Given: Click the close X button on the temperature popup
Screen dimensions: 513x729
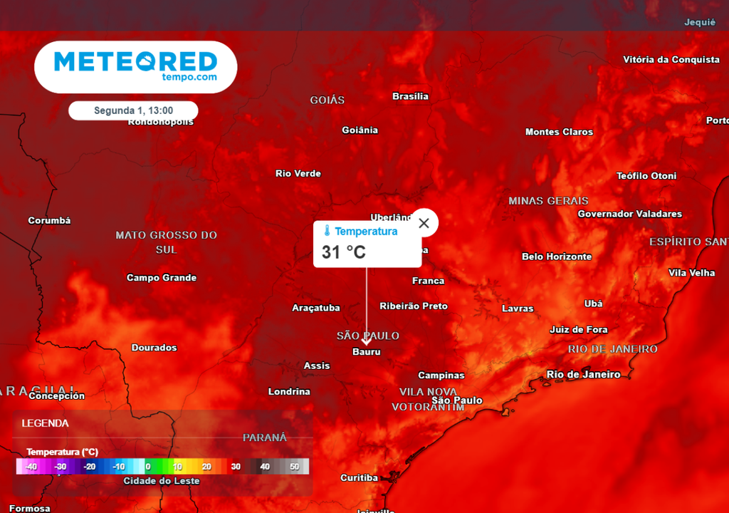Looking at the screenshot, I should coord(424,223).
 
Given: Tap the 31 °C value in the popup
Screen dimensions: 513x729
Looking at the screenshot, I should coord(344,252).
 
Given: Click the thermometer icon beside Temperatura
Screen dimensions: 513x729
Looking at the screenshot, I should coord(327,231).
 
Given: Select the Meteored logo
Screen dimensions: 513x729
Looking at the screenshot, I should coord(135,66).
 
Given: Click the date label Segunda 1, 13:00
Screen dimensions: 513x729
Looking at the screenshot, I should coord(133,110).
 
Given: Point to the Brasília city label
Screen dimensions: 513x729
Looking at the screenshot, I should coord(411,96).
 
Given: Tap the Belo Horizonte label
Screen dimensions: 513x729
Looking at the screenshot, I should coord(557,256).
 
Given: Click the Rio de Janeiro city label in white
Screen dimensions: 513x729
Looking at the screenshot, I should coord(583,374).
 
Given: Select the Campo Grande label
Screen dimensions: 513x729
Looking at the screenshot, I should coord(162,278).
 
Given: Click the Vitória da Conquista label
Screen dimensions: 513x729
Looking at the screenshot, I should coord(671,59).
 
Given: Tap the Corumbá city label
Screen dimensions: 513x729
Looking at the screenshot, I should coord(50,221).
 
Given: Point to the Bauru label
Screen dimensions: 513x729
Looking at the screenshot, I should coord(367,352).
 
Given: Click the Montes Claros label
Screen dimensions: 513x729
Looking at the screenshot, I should coord(559,132).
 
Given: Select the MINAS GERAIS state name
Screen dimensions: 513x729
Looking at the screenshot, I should coord(548,201).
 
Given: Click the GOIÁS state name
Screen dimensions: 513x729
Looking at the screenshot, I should coord(327,100).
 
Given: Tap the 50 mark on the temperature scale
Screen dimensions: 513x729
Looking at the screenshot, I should coord(294,467).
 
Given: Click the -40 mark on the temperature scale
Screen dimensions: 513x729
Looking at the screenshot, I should coord(31,467).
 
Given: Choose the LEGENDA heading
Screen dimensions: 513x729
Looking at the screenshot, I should coord(46,423).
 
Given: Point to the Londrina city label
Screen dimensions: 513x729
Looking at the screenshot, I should coord(289,392).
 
